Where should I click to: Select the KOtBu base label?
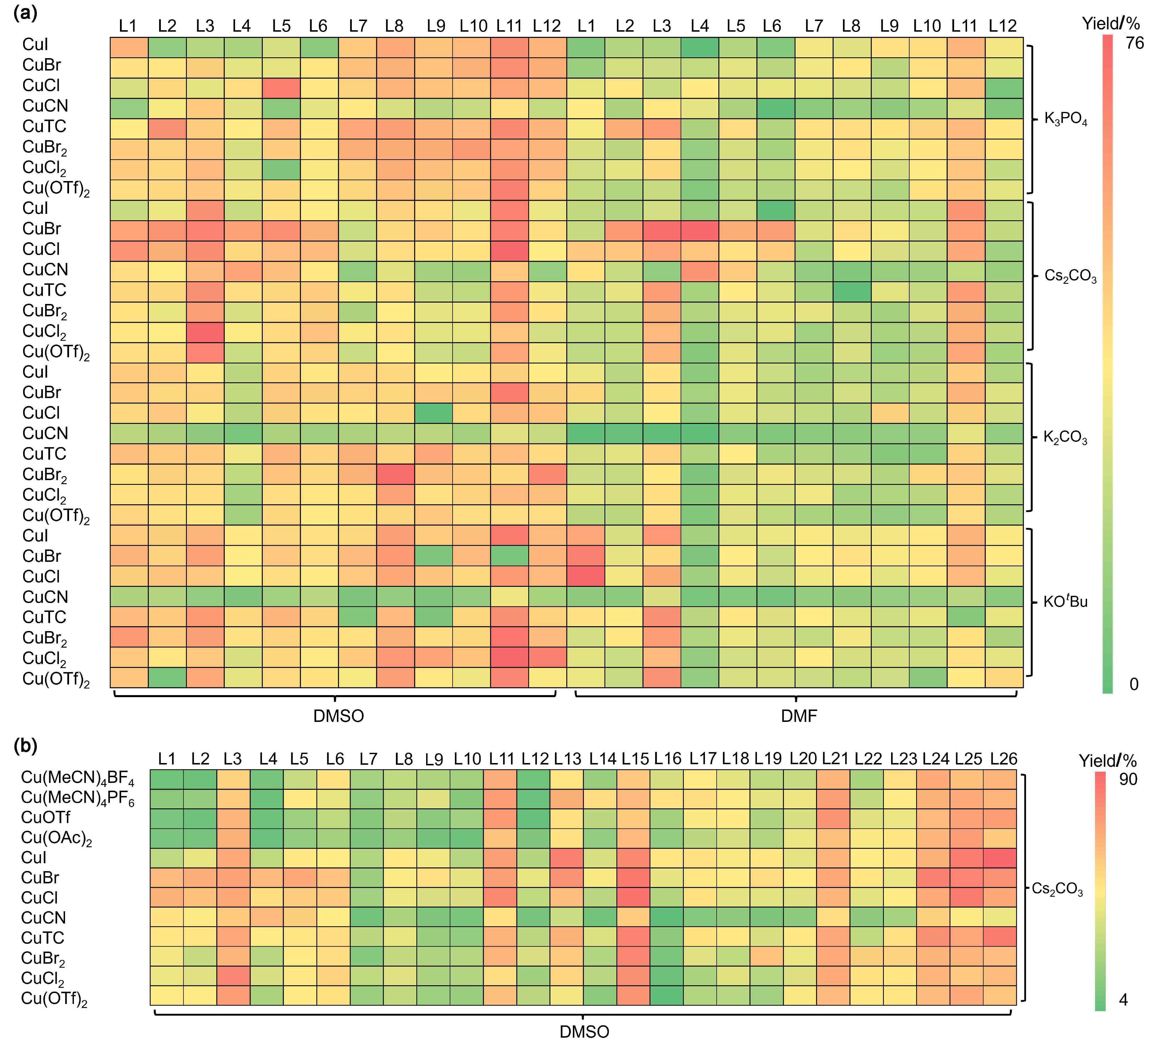click(1065, 602)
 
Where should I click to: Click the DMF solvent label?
click(799, 716)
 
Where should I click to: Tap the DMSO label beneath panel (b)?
click(584, 1031)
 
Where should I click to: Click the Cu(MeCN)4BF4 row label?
click(78, 778)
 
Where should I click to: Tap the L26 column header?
click(1003, 759)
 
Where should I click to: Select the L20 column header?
click(803, 759)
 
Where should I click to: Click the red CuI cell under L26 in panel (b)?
click(1000, 857)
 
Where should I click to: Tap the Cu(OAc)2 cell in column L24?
click(933, 838)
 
